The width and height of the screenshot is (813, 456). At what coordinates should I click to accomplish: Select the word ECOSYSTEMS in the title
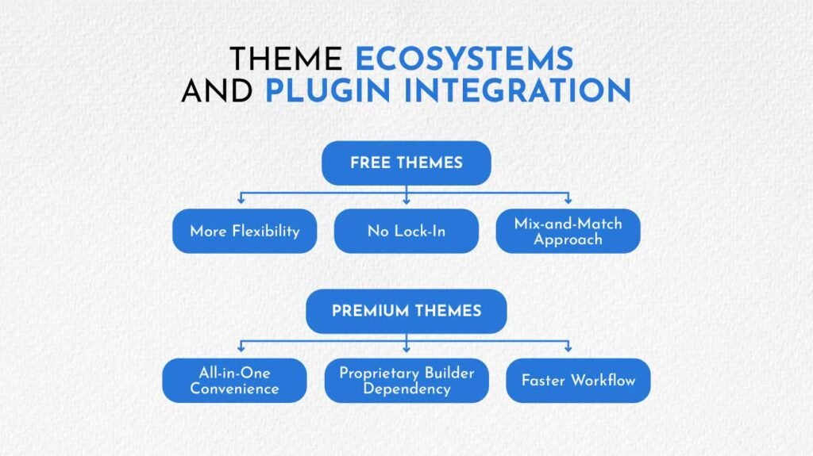click(x=464, y=59)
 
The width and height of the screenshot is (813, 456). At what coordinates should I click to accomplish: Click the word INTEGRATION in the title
click(x=518, y=90)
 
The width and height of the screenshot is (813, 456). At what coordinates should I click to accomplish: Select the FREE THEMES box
click(x=406, y=163)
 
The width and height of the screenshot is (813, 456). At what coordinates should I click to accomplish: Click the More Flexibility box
click(x=245, y=232)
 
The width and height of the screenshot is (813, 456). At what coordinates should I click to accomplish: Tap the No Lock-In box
click(x=406, y=232)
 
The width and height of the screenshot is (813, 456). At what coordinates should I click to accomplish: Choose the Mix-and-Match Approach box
click(x=567, y=232)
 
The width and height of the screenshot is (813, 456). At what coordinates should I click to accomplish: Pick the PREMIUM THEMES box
click(x=406, y=310)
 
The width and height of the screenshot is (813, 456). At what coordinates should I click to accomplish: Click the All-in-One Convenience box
click(x=234, y=381)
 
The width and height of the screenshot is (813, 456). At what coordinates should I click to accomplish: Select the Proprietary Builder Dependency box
click(x=406, y=381)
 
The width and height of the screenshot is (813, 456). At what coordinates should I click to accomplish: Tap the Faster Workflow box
click(x=578, y=381)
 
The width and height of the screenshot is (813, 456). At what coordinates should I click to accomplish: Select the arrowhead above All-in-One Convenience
click(x=241, y=349)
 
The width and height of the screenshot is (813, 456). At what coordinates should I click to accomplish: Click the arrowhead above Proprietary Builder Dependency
click(x=406, y=349)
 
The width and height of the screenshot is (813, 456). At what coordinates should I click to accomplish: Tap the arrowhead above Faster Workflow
click(x=568, y=349)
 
